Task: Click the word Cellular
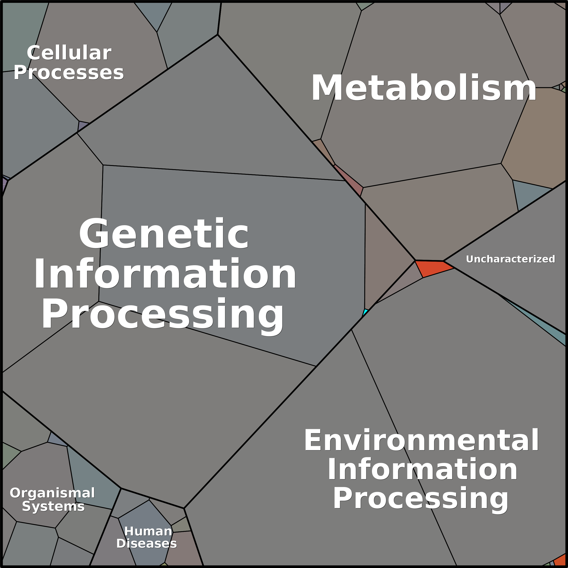coord(69,53)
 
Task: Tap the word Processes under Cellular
coord(69,73)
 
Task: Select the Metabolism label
coord(424,88)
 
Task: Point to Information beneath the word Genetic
coord(165,273)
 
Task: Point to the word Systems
coord(53,506)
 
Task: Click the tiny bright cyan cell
coord(365,312)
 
